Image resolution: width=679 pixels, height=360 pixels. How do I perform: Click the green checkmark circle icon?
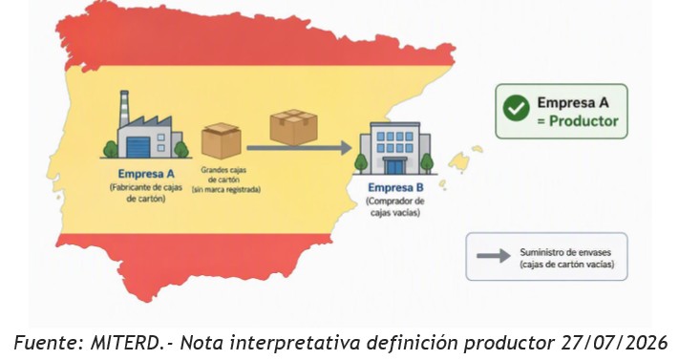pos(517,108)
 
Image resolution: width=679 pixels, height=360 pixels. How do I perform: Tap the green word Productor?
pos(584,121)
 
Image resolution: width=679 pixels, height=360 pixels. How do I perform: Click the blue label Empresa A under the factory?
pos(146,174)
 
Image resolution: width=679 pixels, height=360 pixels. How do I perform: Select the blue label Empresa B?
pos(395,187)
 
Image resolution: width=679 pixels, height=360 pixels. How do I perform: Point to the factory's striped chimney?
pos(124,108)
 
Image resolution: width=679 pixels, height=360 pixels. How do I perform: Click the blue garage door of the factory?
pos(138,147)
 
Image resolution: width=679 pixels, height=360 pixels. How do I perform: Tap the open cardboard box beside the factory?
pos(222,140)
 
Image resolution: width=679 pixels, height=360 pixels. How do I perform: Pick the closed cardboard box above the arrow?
pos(293,126)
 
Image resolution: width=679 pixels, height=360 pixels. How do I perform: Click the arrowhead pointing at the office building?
pos(346,148)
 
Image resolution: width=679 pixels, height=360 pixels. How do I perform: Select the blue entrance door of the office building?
pos(395,166)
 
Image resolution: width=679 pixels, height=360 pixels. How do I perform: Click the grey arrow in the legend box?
pos(493,256)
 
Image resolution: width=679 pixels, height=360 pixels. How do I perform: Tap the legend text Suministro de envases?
pos(565,252)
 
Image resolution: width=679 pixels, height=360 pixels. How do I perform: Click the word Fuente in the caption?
pos(47,343)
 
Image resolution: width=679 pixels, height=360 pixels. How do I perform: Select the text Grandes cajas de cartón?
pos(223,175)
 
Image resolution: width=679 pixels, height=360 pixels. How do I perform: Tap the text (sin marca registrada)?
pos(226,190)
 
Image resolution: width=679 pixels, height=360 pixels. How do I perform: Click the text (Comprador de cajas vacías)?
pos(395,206)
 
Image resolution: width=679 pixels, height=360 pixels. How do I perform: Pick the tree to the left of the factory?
pos(111,149)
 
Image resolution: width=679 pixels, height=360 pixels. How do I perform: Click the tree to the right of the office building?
pos(427,163)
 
